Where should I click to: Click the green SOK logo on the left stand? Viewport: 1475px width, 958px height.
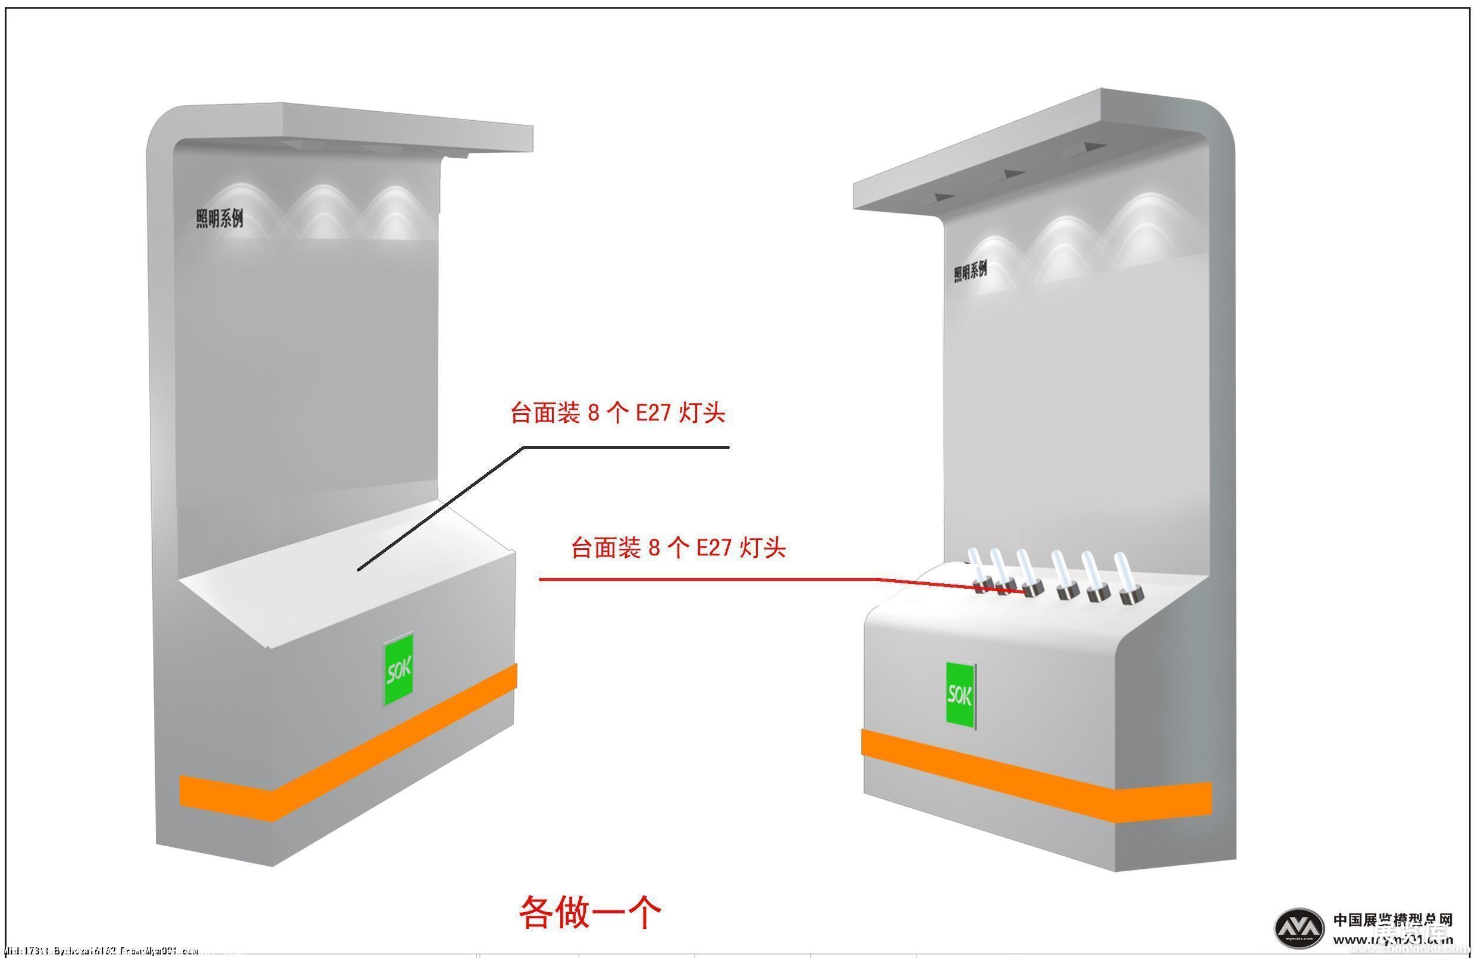pyautogui.click(x=398, y=668)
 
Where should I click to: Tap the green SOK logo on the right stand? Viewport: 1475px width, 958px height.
pyautogui.click(x=960, y=695)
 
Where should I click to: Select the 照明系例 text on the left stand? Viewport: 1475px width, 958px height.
pyautogui.click(x=219, y=218)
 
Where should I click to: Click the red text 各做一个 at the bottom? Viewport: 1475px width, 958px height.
pyautogui.click(x=589, y=911)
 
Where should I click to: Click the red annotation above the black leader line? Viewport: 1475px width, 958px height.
pyautogui.click(x=617, y=413)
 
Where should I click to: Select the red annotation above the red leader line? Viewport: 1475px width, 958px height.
pyautogui.click(x=678, y=548)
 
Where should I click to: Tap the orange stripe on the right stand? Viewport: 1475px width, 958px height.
pyautogui.click(x=1035, y=775)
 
